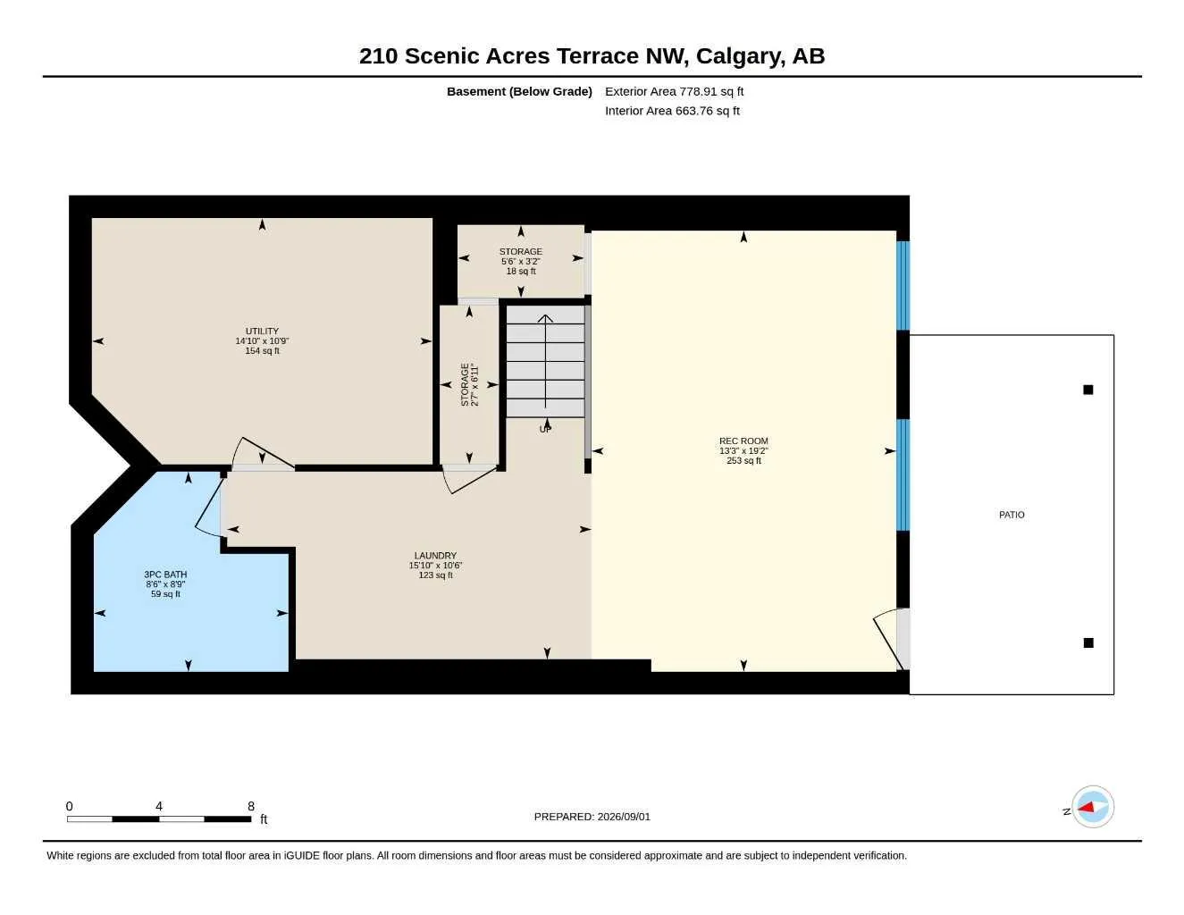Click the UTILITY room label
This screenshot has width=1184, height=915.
(x=262, y=332)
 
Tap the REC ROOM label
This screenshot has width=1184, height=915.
(x=743, y=441)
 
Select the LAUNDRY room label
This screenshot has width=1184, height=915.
(x=435, y=556)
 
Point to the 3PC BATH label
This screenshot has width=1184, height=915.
(x=165, y=574)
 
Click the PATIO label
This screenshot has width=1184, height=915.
(x=1012, y=515)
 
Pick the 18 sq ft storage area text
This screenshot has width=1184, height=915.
(x=521, y=272)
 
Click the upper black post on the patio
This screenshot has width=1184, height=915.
(x=1088, y=390)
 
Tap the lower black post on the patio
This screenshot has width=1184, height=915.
(x=1088, y=642)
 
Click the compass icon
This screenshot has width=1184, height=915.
(x=1093, y=807)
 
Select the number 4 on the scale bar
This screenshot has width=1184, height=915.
(x=159, y=806)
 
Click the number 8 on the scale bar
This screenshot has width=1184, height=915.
(x=250, y=806)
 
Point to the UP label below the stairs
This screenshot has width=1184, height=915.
(x=545, y=429)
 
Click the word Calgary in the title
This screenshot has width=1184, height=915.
(x=741, y=56)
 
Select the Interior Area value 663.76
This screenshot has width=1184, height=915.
(x=694, y=111)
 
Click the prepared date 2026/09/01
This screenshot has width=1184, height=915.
(x=624, y=817)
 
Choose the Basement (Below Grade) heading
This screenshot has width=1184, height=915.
(x=519, y=91)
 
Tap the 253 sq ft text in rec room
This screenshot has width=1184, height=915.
(x=743, y=461)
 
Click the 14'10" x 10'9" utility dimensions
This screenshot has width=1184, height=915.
(x=262, y=341)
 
